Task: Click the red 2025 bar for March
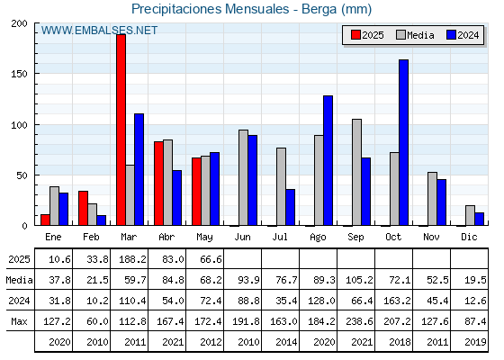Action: click(121, 130)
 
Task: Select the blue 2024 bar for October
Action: click(404, 142)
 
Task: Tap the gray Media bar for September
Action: click(356, 172)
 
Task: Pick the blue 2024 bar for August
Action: click(328, 160)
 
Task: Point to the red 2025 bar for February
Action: click(83, 208)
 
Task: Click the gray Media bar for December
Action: click(470, 215)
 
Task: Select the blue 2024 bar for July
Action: click(290, 207)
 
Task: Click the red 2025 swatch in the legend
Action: click(355, 35)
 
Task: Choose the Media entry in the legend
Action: click(415, 35)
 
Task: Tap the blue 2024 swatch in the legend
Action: click(451, 35)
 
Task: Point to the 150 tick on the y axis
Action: click(19, 74)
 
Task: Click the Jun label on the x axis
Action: click(242, 238)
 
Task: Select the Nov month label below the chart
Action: click(431, 238)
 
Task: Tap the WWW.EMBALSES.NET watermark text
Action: click(99, 31)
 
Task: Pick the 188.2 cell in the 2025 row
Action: click(132, 259)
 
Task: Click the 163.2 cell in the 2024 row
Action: click(397, 301)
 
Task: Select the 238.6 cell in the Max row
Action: click(359, 321)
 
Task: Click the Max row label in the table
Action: click(19, 321)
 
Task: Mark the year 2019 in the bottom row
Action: click(475, 342)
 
